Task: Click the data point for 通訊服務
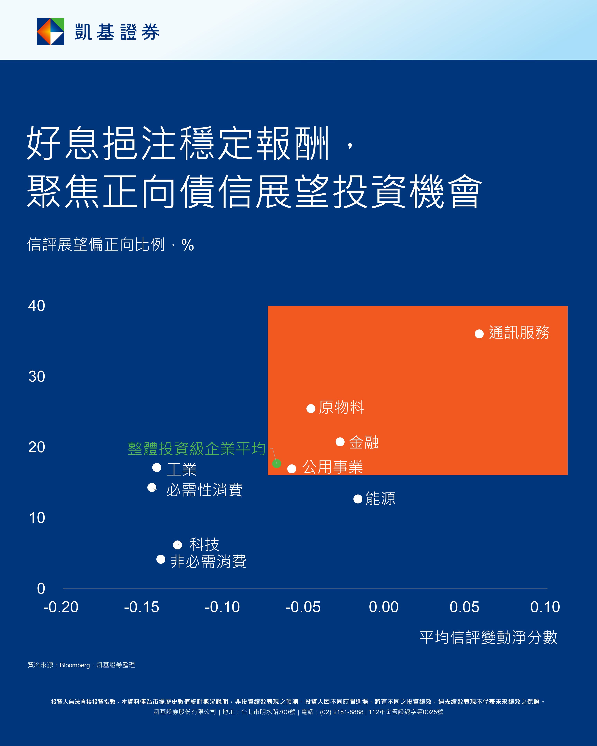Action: (x=479, y=334)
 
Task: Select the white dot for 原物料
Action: (x=311, y=409)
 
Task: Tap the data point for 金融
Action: (x=340, y=442)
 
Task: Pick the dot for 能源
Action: (x=358, y=499)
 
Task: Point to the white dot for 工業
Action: (x=157, y=467)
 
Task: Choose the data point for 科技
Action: (x=177, y=545)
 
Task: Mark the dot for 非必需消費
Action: (x=161, y=559)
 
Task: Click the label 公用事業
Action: (x=333, y=467)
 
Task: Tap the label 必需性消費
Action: (x=204, y=490)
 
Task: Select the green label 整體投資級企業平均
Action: (x=196, y=449)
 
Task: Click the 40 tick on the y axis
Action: (x=37, y=306)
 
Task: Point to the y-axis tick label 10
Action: (x=37, y=518)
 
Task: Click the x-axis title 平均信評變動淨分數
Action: (x=488, y=637)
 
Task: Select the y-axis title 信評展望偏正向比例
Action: (x=96, y=245)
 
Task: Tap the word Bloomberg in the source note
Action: (x=74, y=665)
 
